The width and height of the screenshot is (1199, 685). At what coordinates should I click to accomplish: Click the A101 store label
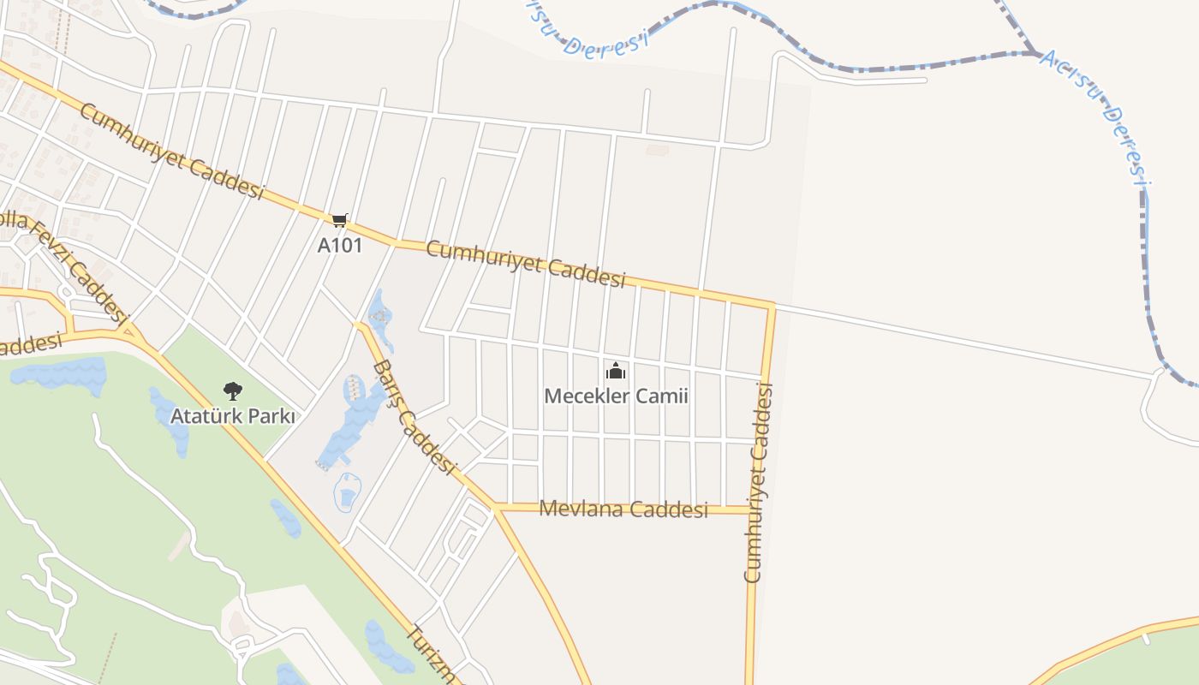point(340,245)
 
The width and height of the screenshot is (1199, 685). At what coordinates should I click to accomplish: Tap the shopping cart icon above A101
point(340,221)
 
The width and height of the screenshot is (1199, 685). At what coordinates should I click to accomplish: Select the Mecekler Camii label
point(616,396)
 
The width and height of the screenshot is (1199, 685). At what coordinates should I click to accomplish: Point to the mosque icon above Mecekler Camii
point(616,372)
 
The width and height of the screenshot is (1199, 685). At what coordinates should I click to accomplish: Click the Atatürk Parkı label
point(232,417)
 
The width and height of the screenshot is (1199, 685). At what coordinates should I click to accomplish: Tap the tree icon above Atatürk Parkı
point(232,391)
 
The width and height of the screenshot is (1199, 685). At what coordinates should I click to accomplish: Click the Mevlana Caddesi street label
point(623,509)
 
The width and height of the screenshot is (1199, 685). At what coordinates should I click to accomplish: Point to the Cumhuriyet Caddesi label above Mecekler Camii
point(525,264)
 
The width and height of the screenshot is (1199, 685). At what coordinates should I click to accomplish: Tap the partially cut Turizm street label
point(430,655)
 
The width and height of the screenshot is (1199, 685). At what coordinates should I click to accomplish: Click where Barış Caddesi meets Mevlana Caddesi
point(495,508)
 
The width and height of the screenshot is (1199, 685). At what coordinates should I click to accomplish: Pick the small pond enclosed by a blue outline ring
point(347,494)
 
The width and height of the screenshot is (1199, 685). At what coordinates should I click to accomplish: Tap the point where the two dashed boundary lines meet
point(1036,53)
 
